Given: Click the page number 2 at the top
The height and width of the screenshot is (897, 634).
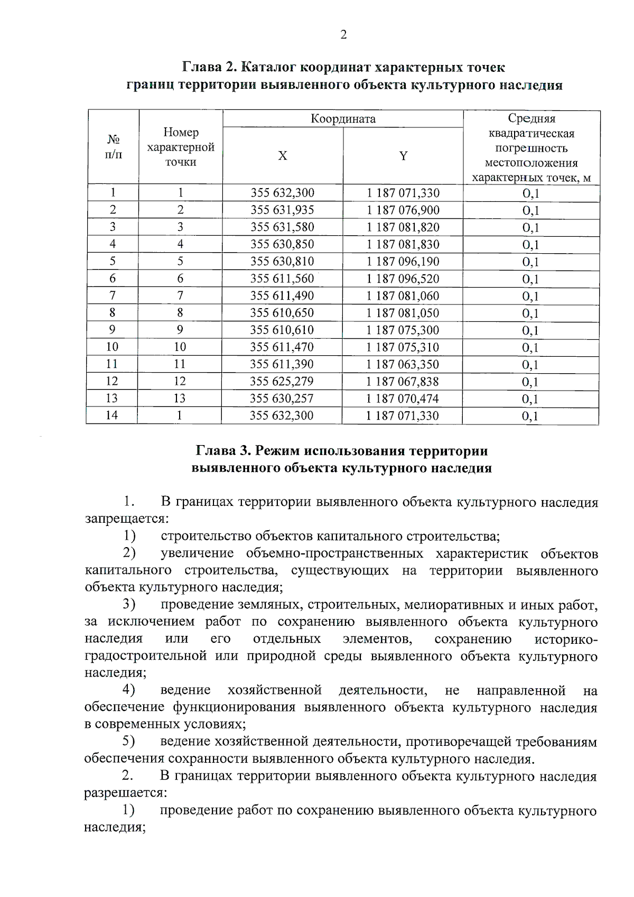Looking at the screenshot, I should point(343,35).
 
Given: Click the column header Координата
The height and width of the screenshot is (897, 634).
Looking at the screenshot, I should point(343,118).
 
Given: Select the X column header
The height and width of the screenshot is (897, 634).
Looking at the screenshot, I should point(283,156).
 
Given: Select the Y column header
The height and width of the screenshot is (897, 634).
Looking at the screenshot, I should point(403,156).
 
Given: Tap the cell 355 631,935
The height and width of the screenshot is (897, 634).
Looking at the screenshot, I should point(282,210).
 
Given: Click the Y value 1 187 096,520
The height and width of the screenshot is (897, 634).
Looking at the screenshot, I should point(403,279).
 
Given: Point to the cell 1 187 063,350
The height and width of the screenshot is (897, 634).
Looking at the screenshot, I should point(403,365).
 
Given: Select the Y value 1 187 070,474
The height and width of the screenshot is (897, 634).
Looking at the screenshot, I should point(403,399).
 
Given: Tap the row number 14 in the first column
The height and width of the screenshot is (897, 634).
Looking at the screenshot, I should point(112,415).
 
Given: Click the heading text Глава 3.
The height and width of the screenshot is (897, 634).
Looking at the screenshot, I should point(221,451).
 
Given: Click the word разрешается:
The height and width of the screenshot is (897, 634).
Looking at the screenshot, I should point(126,793).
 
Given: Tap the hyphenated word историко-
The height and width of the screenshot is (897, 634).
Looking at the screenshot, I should point(565,639).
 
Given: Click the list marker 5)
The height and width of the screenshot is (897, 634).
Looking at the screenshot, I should point(129,742).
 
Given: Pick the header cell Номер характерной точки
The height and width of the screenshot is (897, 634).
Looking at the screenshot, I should point(181,147).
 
